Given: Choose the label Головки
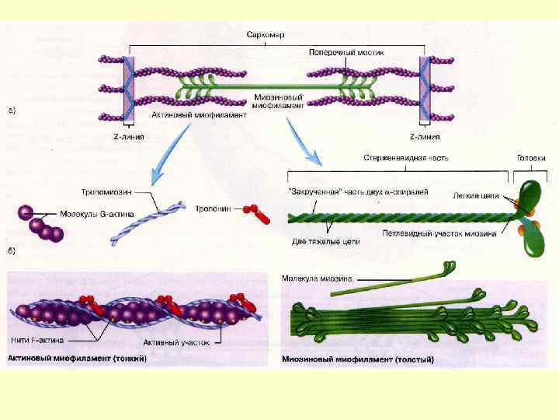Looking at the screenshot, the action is (531, 158).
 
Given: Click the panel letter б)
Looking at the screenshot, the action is (13, 250).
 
